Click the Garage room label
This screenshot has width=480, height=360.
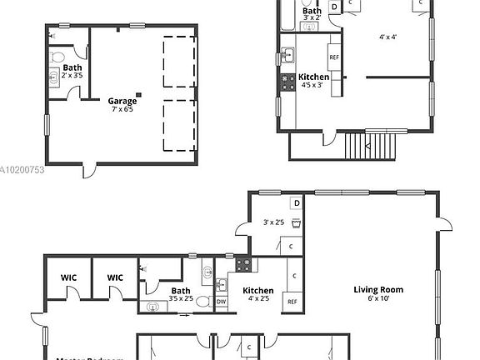pos(122,101)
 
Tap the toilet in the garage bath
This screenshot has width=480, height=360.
pos(57,58)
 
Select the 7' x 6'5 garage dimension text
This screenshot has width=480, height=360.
pos(122,109)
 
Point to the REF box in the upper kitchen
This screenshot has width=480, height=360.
pos(334,57)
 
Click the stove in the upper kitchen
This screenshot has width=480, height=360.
pos(282,83)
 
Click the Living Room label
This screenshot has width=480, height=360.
pos(377,289)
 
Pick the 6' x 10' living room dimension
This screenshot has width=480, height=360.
pos(377,298)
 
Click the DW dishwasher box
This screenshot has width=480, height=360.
pos(221,302)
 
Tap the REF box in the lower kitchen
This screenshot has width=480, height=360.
pos(292,302)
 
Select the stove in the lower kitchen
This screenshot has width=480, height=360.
pos(245,266)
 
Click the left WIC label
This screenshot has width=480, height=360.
pos(68,277)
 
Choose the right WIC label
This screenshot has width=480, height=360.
pos(115,277)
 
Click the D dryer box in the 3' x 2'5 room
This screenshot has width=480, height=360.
pos(296,203)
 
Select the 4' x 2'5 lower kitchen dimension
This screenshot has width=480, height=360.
pos(257,298)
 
